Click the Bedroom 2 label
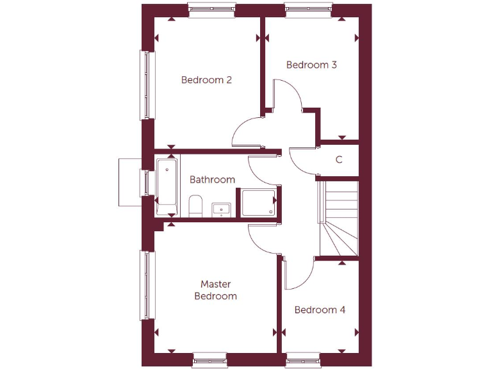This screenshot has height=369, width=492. (x=206, y=80)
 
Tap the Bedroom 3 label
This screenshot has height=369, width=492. (x=311, y=65)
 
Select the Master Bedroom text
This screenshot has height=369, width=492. (x=215, y=290)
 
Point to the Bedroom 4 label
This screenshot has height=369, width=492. (x=320, y=310)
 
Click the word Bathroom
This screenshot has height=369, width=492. (x=212, y=179)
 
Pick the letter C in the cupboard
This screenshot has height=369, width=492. (x=339, y=160)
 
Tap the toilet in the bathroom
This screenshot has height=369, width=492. (x=196, y=207)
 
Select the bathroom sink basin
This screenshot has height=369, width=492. (x=221, y=209)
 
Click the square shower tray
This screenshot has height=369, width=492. (x=258, y=202)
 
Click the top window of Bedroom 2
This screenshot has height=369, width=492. (x=212, y=10)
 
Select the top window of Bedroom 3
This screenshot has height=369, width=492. (x=309, y=10)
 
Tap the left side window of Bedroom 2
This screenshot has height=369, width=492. (x=148, y=85)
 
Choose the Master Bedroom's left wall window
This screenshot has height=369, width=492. (x=148, y=285)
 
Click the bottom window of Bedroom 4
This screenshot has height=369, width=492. (x=303, y=359)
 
